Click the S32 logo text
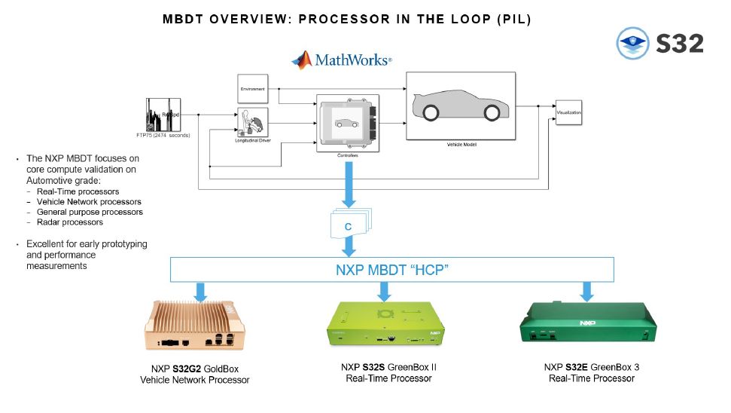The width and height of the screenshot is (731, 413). pos(679,44)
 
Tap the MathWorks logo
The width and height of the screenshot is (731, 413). pos(342,60)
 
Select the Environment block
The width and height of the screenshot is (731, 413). pos(253,89)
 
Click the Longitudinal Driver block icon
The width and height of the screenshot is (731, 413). pos(252,121)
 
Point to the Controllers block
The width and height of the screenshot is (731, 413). pos(347,123)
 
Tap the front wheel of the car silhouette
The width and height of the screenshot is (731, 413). pos(491,113)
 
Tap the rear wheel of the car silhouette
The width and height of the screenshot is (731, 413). pos(431,113)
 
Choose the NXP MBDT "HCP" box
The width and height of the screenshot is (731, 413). pos(391,269)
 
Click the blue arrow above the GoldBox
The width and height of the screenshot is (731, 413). pos(200,292)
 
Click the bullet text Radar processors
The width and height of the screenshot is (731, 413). pos(65,222)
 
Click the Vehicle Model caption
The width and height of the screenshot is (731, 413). pos(461,144)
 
